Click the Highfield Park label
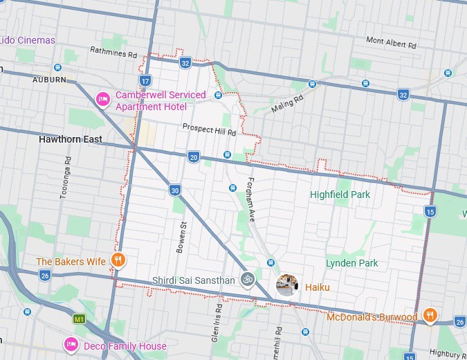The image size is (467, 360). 340,195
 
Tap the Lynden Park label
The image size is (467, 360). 351,263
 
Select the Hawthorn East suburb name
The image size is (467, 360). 70,139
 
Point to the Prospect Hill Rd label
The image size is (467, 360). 209,129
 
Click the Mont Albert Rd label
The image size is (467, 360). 391,43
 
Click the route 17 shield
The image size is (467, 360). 145,81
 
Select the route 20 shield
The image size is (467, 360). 194,157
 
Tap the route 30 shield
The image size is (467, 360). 175,190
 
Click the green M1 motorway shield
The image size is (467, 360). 80,319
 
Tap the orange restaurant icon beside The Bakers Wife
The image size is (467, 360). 118,261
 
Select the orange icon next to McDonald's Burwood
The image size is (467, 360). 430,316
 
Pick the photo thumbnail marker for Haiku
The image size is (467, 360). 287,285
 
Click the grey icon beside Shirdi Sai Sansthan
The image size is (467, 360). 247,279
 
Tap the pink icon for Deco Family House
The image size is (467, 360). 71,345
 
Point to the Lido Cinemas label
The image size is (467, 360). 27,40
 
